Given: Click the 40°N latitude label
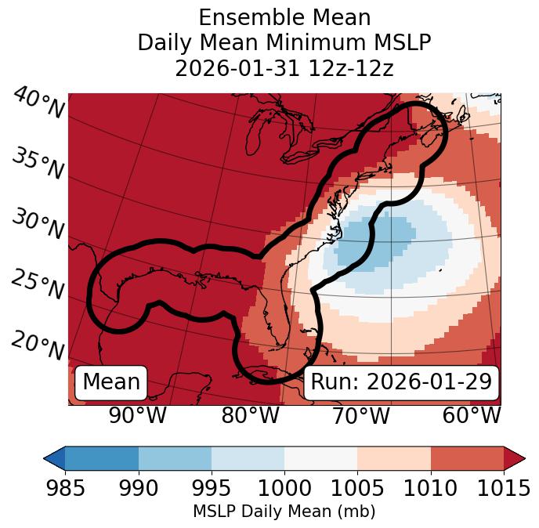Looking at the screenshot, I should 38,104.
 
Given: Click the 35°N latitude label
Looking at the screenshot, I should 37,164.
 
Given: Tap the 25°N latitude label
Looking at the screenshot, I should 37,285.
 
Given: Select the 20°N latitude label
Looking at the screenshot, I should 37,345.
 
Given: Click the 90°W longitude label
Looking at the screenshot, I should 138,416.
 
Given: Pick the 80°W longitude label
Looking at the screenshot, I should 250,416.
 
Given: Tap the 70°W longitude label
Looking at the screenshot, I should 361,416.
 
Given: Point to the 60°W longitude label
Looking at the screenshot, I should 471,416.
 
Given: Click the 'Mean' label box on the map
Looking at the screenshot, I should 111,382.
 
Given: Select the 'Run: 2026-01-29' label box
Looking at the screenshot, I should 401,382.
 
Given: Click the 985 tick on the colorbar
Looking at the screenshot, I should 65,488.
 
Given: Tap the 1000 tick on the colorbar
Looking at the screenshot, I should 284,488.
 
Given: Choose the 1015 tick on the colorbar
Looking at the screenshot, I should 503,488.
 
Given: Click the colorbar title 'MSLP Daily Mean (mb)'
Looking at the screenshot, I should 284,512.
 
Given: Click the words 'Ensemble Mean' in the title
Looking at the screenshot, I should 284,17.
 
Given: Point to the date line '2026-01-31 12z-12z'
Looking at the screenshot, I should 284,68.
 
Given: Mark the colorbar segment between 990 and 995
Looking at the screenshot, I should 175,457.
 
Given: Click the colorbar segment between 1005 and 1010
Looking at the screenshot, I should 394,457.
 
